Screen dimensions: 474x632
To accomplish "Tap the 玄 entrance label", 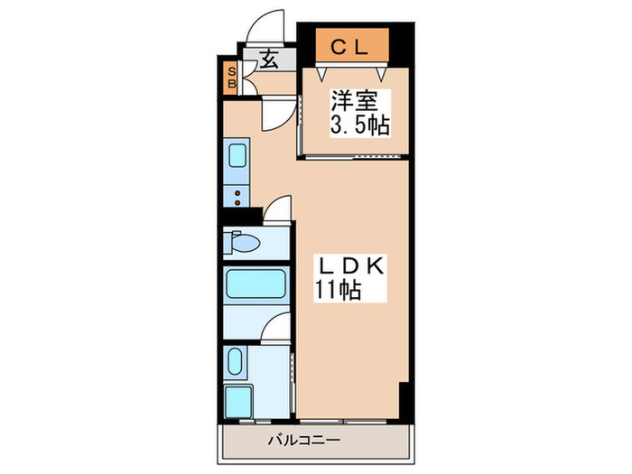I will [x=268, y=60].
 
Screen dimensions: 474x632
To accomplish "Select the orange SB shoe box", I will [x=231, y=78].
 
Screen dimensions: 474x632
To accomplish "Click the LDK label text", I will [x=349, y=266].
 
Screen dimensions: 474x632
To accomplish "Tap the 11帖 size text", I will [x=339, y=291].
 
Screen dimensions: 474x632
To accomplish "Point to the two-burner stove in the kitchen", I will [x=237, y=195].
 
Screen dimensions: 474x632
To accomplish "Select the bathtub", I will [x=256, y=285].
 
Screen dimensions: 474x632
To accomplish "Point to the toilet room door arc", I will [x=276, y=209].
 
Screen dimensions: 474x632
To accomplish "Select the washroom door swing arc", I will [x=275, y=328].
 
